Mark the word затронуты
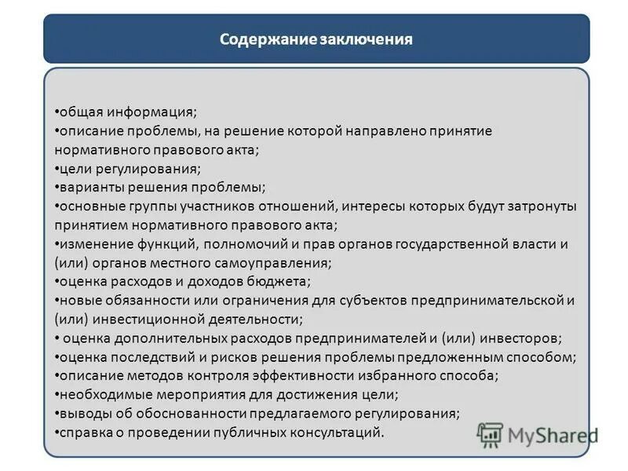click(x=539, y=206)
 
